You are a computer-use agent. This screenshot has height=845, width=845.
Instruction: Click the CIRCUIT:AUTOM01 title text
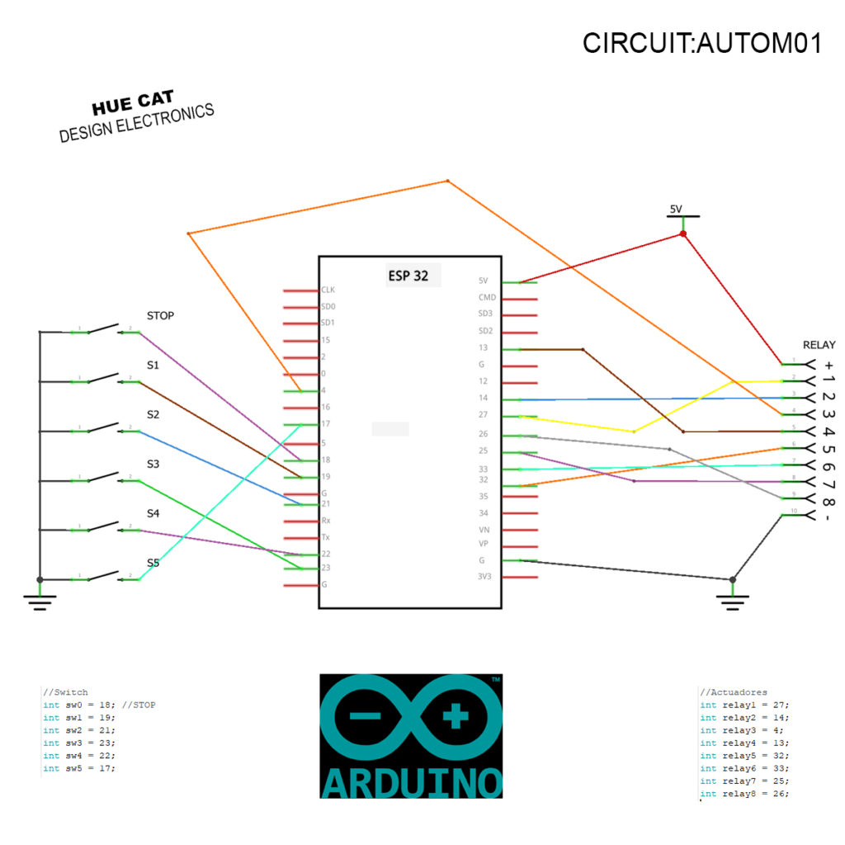point(701,44)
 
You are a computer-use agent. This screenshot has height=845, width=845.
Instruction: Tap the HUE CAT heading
point(133,105)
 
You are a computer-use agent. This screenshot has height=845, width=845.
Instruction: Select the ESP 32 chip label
point(408,276)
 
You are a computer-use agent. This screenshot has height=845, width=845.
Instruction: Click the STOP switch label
point(160,315)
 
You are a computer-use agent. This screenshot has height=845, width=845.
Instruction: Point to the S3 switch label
point(153,464)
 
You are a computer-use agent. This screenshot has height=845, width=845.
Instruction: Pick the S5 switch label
point(153,563)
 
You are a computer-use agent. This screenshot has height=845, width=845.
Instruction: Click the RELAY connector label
point(819,345)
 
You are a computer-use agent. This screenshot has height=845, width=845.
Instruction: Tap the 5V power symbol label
point(676,209)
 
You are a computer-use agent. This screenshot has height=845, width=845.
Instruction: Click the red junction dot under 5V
point(682,234)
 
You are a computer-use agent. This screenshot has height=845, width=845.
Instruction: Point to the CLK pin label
point(328,290)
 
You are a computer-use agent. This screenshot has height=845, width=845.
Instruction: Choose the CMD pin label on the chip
point(487,297)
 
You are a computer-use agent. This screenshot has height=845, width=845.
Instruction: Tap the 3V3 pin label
point(484,576)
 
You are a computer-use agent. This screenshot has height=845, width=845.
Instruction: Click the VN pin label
point(484,529)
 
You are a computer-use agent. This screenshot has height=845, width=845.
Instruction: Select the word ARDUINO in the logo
point(411,782)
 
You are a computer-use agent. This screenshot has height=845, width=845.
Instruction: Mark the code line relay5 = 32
point(744,756)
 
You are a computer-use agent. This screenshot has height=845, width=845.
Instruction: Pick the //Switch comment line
point(65,692)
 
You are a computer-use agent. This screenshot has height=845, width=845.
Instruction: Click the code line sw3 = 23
point(79,743)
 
